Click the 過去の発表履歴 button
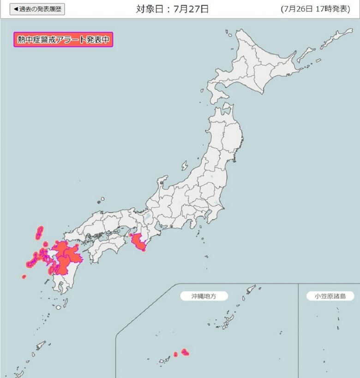(37, 9)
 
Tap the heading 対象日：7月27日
(172, 9)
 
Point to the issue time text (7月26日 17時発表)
(315, 9)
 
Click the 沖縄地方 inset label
(204, 296)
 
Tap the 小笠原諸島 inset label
(326, 296)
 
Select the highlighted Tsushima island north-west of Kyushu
(40, 232)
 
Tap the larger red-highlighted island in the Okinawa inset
(186, 352)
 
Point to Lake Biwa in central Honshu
(147, 216)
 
